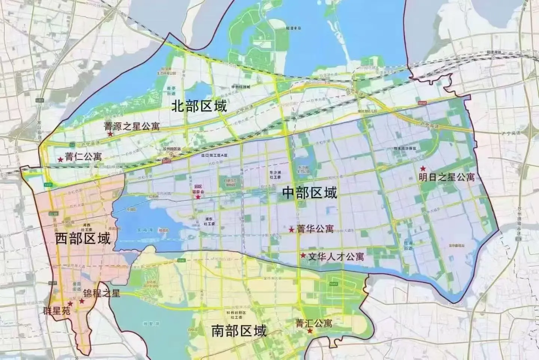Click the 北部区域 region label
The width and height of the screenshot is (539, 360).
[x=199, y=106]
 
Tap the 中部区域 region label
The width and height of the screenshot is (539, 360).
[x=310, y=193]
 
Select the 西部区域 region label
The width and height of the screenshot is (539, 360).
[x=83, y=238]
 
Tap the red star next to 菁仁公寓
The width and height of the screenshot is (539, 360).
[x=60, y=159]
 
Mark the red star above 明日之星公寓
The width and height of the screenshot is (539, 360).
[x=423, y=168]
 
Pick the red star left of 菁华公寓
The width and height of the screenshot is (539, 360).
[x=291, y=229]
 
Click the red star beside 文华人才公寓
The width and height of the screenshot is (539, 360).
[x=302, y=256]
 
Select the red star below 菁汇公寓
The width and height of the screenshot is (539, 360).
[x=310, y=331]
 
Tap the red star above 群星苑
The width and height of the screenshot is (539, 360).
[x=70, y=303]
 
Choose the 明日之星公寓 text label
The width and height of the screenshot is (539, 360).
[x=447, y=177]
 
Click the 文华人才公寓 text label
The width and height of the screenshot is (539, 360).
[x=336, y=257]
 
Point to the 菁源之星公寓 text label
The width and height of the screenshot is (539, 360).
[x=132, y=126]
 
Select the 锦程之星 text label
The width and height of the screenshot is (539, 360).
[x=101, y=293]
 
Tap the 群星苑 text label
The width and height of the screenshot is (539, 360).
[x=56, y=311]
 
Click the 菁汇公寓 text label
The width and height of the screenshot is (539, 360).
[x=314, y=323]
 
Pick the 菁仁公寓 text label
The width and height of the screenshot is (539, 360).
[x=83, y=156]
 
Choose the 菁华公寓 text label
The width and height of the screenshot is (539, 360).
[x=315, y=229]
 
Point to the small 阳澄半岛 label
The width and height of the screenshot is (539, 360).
[x=293, y=28]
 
